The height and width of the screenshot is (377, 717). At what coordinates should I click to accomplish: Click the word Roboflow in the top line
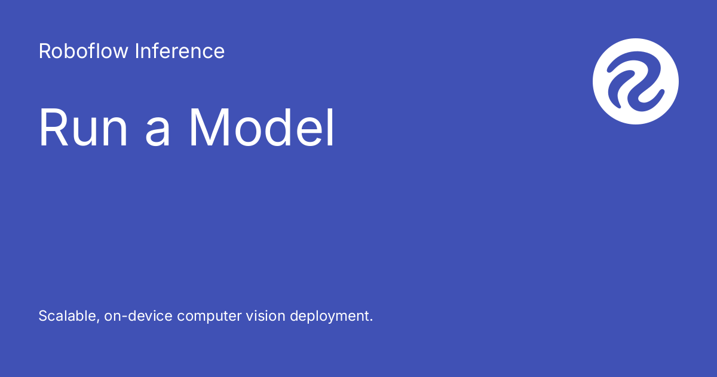tap(84, 51)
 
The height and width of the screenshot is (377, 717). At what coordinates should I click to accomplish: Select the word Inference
tap(180, 51)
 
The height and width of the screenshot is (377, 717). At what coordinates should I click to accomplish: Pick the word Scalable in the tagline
tap(66, 316)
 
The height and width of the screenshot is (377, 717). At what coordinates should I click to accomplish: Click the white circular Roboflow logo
tap(636, 81)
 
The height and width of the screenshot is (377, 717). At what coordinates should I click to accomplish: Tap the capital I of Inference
tap(137, 51)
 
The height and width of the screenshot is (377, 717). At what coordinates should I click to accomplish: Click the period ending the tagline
tap(370, 321)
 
